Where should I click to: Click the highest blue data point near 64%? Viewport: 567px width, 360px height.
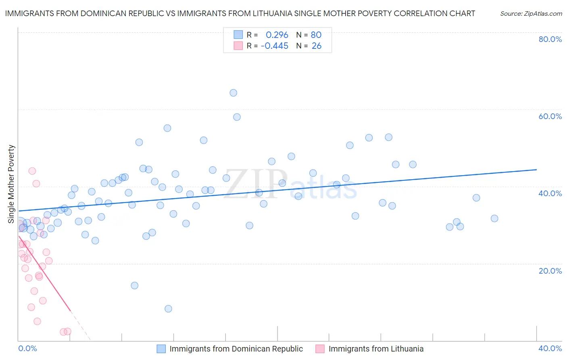233,93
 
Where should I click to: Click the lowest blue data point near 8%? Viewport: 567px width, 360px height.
168,309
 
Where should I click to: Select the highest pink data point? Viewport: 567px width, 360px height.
32,171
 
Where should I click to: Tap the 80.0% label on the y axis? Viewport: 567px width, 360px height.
550,39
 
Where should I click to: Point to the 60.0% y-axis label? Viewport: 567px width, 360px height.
550,116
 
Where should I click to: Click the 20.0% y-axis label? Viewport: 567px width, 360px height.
550,271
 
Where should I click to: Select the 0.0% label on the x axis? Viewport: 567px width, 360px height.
27,348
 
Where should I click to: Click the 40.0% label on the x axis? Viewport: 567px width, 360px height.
550,348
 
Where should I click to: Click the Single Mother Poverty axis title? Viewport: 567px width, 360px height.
11,184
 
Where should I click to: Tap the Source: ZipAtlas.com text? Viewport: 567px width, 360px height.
531,14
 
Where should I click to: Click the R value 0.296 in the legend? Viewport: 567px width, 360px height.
277,35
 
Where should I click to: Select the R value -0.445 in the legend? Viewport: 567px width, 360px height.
275,46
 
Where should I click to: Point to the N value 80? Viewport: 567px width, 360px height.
316,35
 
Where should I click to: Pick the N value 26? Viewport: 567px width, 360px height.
317,46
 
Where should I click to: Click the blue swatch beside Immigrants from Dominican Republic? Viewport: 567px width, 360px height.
161,349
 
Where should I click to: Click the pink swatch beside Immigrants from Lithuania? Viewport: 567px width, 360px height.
320,349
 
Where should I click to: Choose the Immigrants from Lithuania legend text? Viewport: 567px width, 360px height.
376,349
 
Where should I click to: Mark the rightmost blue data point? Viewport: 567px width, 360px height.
494,218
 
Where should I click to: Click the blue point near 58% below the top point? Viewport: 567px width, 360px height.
237,117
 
